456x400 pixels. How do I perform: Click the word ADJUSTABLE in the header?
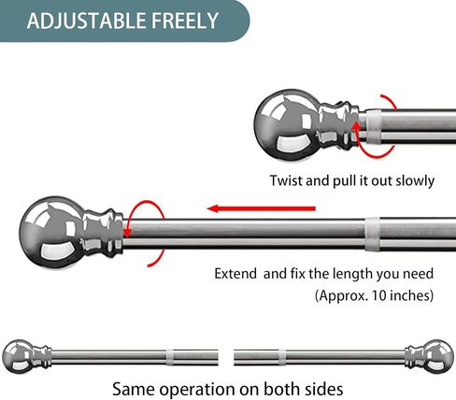click(87, 21)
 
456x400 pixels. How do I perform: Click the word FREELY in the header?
click(185, 21)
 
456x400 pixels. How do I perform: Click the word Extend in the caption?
click(235, 274)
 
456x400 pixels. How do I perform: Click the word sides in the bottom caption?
click(324, 389)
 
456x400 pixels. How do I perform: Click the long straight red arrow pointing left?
click(261, 208)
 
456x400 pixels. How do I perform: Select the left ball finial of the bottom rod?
click(17, 356)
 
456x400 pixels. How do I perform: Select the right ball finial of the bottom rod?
click(438, 356)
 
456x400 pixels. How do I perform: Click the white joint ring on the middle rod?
click(373, 234)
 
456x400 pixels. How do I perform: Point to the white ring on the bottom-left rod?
click(170, 358)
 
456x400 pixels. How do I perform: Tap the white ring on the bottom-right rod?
click(282, 358)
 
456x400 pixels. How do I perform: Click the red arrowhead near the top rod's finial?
click(356, 125)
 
